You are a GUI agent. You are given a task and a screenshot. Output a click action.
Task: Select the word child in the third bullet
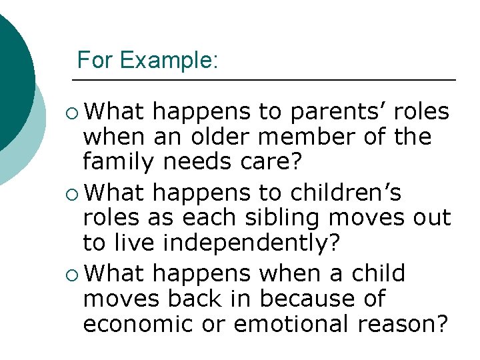(x=377, y=273)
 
